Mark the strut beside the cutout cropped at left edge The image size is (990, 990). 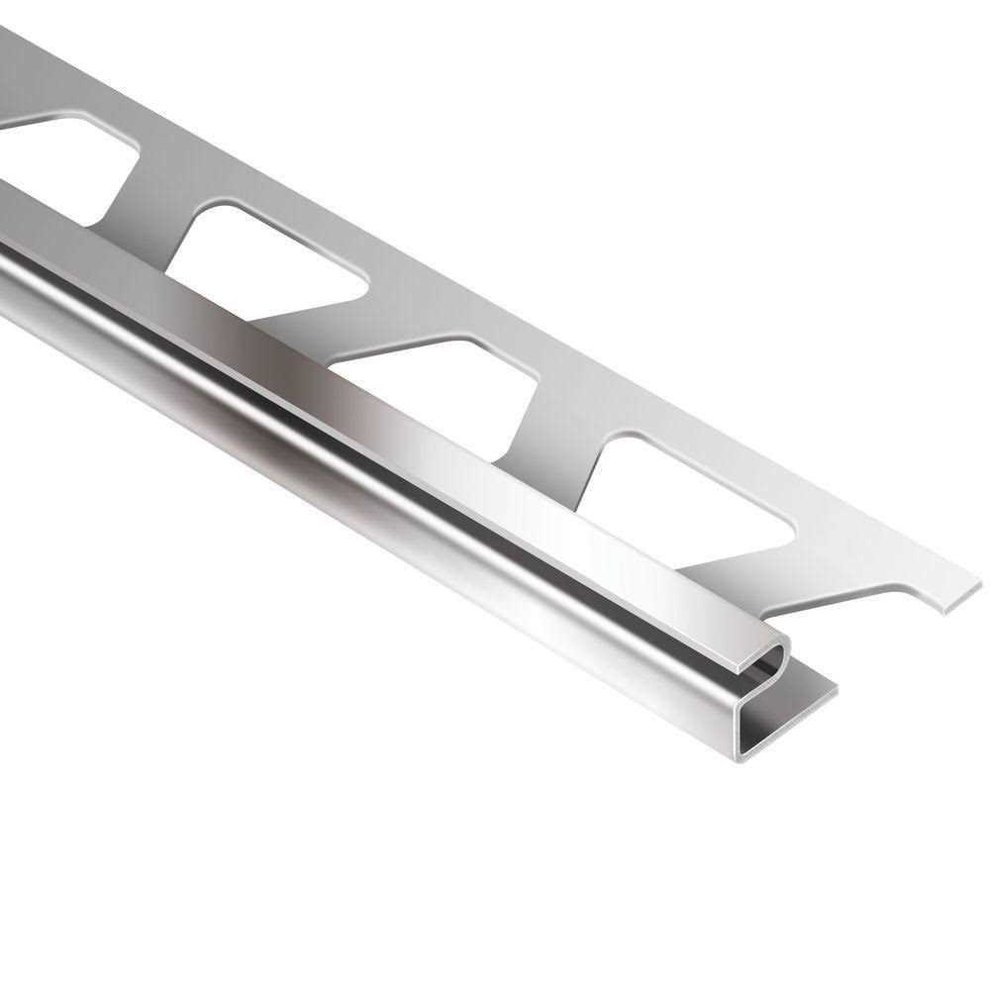pyautogui.click(x=158, y=198)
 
